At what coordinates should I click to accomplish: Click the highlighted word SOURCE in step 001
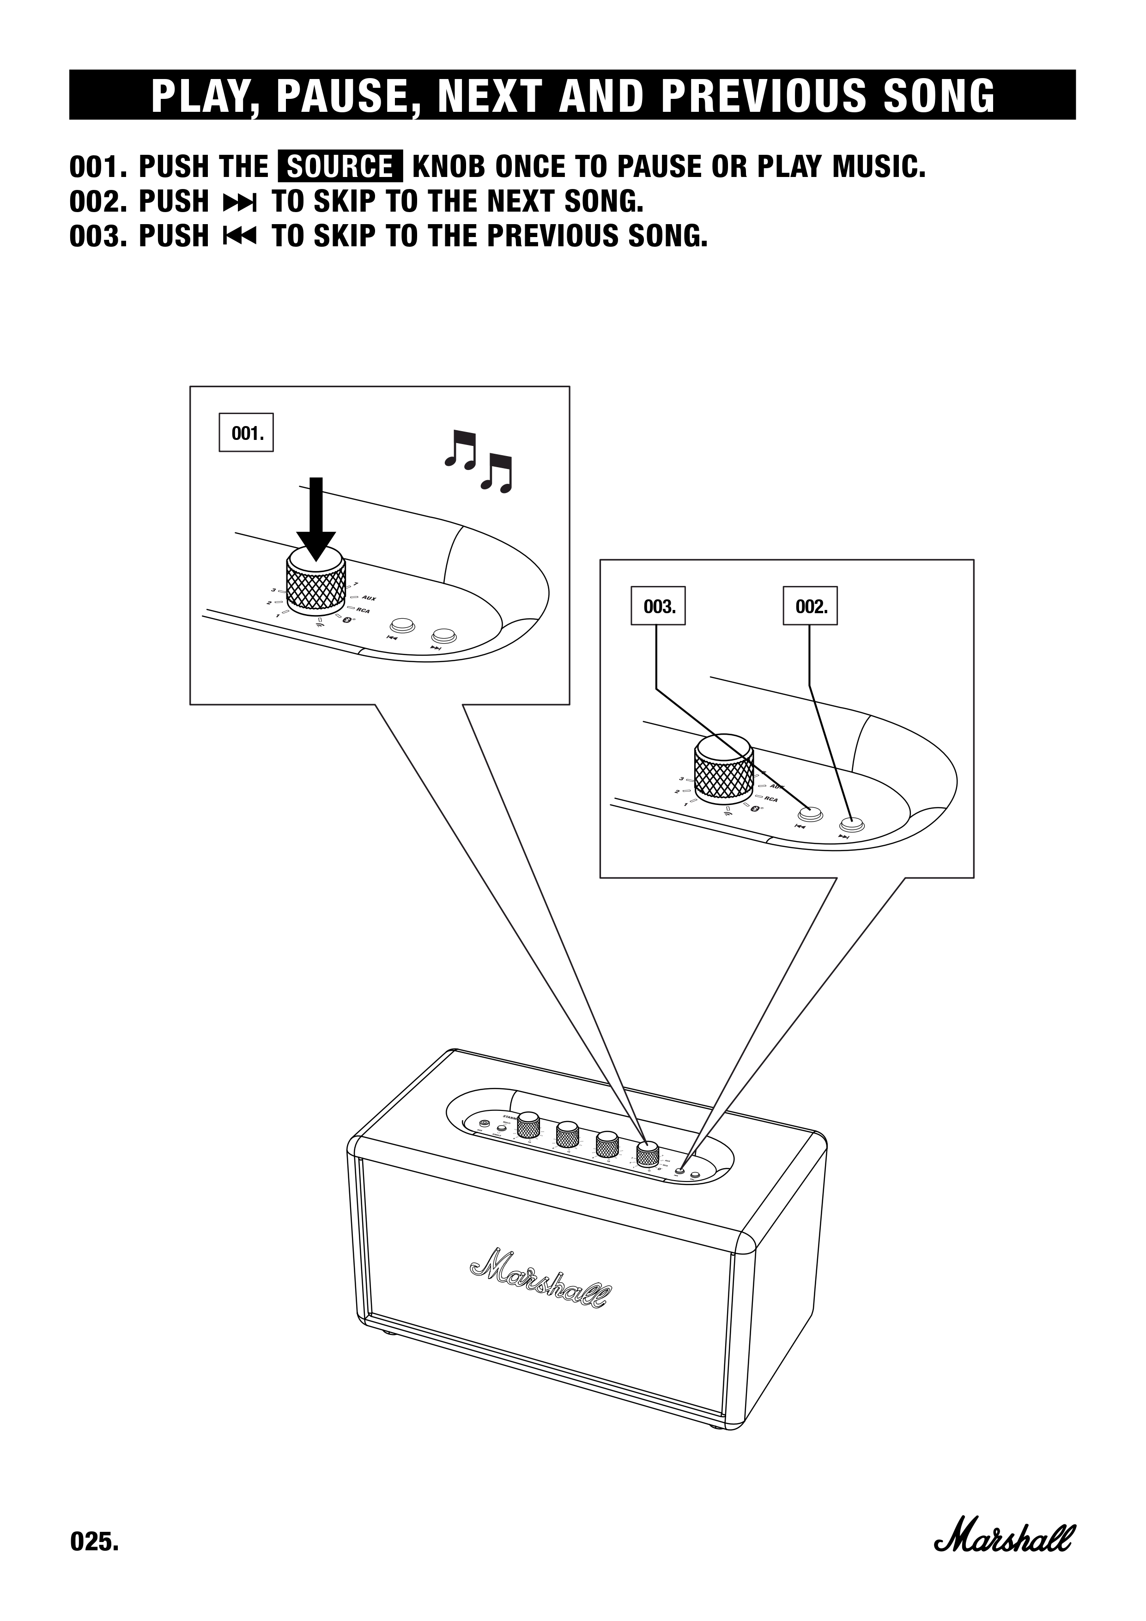[x=340, y=167]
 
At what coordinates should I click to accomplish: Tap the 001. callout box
[x=246, y=433]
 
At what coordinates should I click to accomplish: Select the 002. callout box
[x=810, y=606]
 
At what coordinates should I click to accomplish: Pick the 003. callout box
[x=658, y=606]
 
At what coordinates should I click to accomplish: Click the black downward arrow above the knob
[x=316, y=519]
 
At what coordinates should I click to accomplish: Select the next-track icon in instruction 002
[x=239, y=202]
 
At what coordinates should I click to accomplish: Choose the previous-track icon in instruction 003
[x=239, y=237]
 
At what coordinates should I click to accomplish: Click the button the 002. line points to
[x=852, y=823]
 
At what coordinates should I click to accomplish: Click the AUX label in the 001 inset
[x=368, y=599]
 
